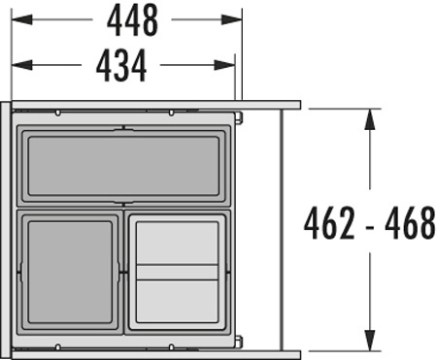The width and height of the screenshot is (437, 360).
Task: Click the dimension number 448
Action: (132, 20)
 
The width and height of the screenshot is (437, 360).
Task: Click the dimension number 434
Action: (121, 66)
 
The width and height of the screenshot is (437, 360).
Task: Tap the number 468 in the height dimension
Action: (410, 223)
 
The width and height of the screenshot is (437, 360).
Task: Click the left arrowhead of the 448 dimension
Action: (21, 19)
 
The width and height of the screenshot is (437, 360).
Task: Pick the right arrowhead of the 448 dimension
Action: (232, 19)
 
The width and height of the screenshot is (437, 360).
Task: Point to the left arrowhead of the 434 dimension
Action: (21, 65)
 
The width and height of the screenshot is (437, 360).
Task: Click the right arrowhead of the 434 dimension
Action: (224, 65)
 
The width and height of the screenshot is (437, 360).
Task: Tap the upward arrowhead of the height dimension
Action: (370, 119)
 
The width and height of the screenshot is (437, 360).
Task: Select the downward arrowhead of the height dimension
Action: (370, 341)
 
